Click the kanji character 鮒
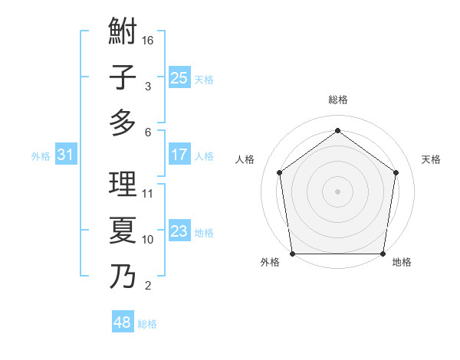click(123, 34)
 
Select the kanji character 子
click(123, 78)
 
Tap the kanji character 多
click(123, 123)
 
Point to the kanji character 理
click(123, 185)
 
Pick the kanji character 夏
click(123, 230)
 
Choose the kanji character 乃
click(123, 274)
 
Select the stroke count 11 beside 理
click(149, 194)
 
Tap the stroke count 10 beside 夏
click(149, 240)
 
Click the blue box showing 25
click(179, 78)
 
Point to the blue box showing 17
click(179, 155)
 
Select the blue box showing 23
click(179, 231)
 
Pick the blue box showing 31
click(65, 155)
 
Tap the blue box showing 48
click(122, 322)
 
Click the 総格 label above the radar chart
click(338, 100)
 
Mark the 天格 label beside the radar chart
click(431, 159)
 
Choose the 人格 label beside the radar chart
click(245, 159)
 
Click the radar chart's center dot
click(337, 191)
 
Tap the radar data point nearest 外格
click(292, 254)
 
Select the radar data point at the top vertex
click(337, 131)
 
